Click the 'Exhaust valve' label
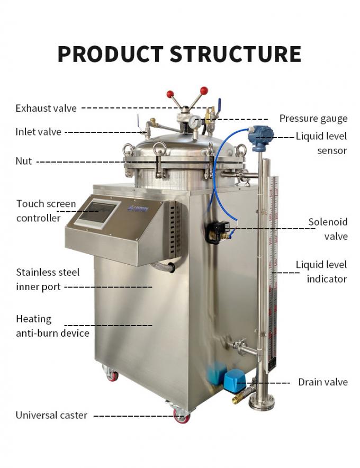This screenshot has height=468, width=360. pos(46,109)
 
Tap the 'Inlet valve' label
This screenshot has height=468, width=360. pos(38,132)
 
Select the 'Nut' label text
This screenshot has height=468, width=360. pos(24,161)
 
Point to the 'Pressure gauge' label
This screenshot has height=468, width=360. pos(313,119)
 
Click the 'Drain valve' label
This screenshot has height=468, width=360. pos(322,382)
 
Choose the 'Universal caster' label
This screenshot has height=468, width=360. pos(51,415)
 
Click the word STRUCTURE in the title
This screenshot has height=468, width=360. pos(237,54)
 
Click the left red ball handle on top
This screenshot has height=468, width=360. pos(170,95)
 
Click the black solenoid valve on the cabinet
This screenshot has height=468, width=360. pos(218,232)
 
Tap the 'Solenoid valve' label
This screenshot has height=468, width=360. pos(328,229)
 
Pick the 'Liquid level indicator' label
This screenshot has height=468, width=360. pos(321,272)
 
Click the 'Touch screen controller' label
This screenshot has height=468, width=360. pos(46,211)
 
